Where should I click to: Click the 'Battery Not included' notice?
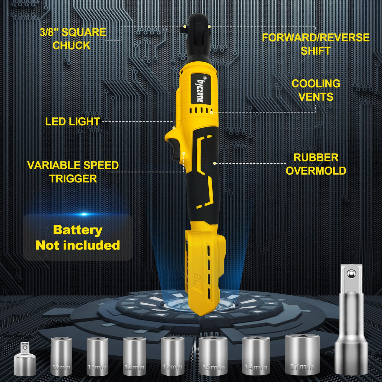click(78, 238)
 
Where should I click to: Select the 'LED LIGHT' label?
click(72, 121)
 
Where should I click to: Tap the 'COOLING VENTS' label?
click(316, 90)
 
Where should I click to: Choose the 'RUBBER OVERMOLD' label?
click(316, 164)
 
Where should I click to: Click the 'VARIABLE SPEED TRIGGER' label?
click(73, 172)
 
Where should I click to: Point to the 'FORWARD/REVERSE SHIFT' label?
click(316, 44)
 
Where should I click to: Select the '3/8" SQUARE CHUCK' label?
click(73, 39)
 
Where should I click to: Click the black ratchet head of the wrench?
click(198, 35)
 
